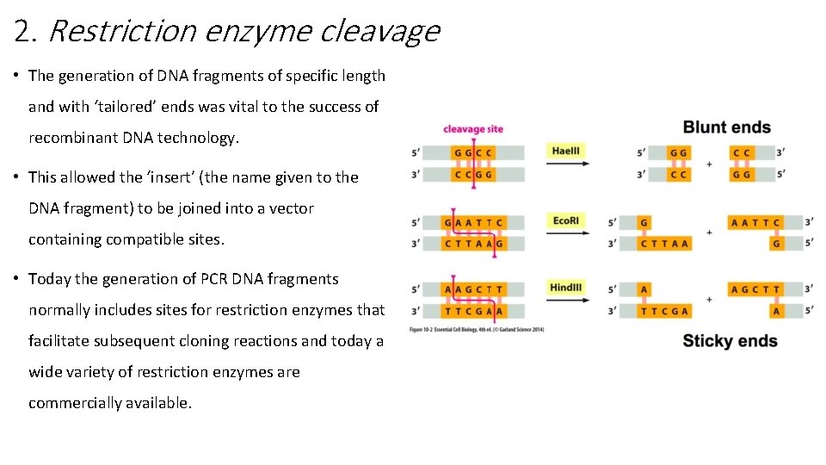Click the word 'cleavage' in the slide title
tap(379, 31)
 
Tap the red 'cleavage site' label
tap(472, 129)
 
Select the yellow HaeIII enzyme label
tap(566, 151)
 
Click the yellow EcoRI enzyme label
tap(566, 221)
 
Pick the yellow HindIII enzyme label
tap(566, 287)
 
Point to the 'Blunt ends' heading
tap(726, 128)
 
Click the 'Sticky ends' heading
tap(730, 341)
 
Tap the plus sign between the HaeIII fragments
tap(709, 164)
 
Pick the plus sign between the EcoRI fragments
tap(709, 232)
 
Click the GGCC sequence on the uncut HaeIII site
tap(473, 153)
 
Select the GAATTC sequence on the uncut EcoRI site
tap(473, 223)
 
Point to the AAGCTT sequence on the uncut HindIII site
tap(473, 289)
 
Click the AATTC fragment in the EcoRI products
tap(755, 223)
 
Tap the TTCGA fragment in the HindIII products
tap(663, 311)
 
